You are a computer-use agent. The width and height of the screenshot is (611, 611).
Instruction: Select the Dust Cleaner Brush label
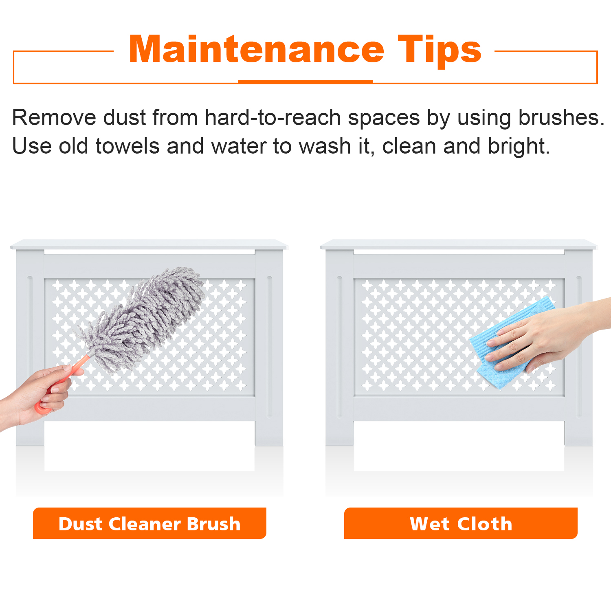pos(149,523)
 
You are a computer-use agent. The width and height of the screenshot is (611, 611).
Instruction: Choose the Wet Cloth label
pos(461,523)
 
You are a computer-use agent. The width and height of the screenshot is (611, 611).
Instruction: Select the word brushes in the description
pos(561,118)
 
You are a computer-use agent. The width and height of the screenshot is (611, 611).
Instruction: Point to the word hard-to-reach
pos(273,118)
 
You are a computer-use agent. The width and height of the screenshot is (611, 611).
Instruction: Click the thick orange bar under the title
pos(305,81)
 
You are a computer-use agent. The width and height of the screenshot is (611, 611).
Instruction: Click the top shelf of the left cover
pos(149,244)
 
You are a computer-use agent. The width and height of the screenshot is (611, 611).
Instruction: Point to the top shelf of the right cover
pos(459,244)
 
